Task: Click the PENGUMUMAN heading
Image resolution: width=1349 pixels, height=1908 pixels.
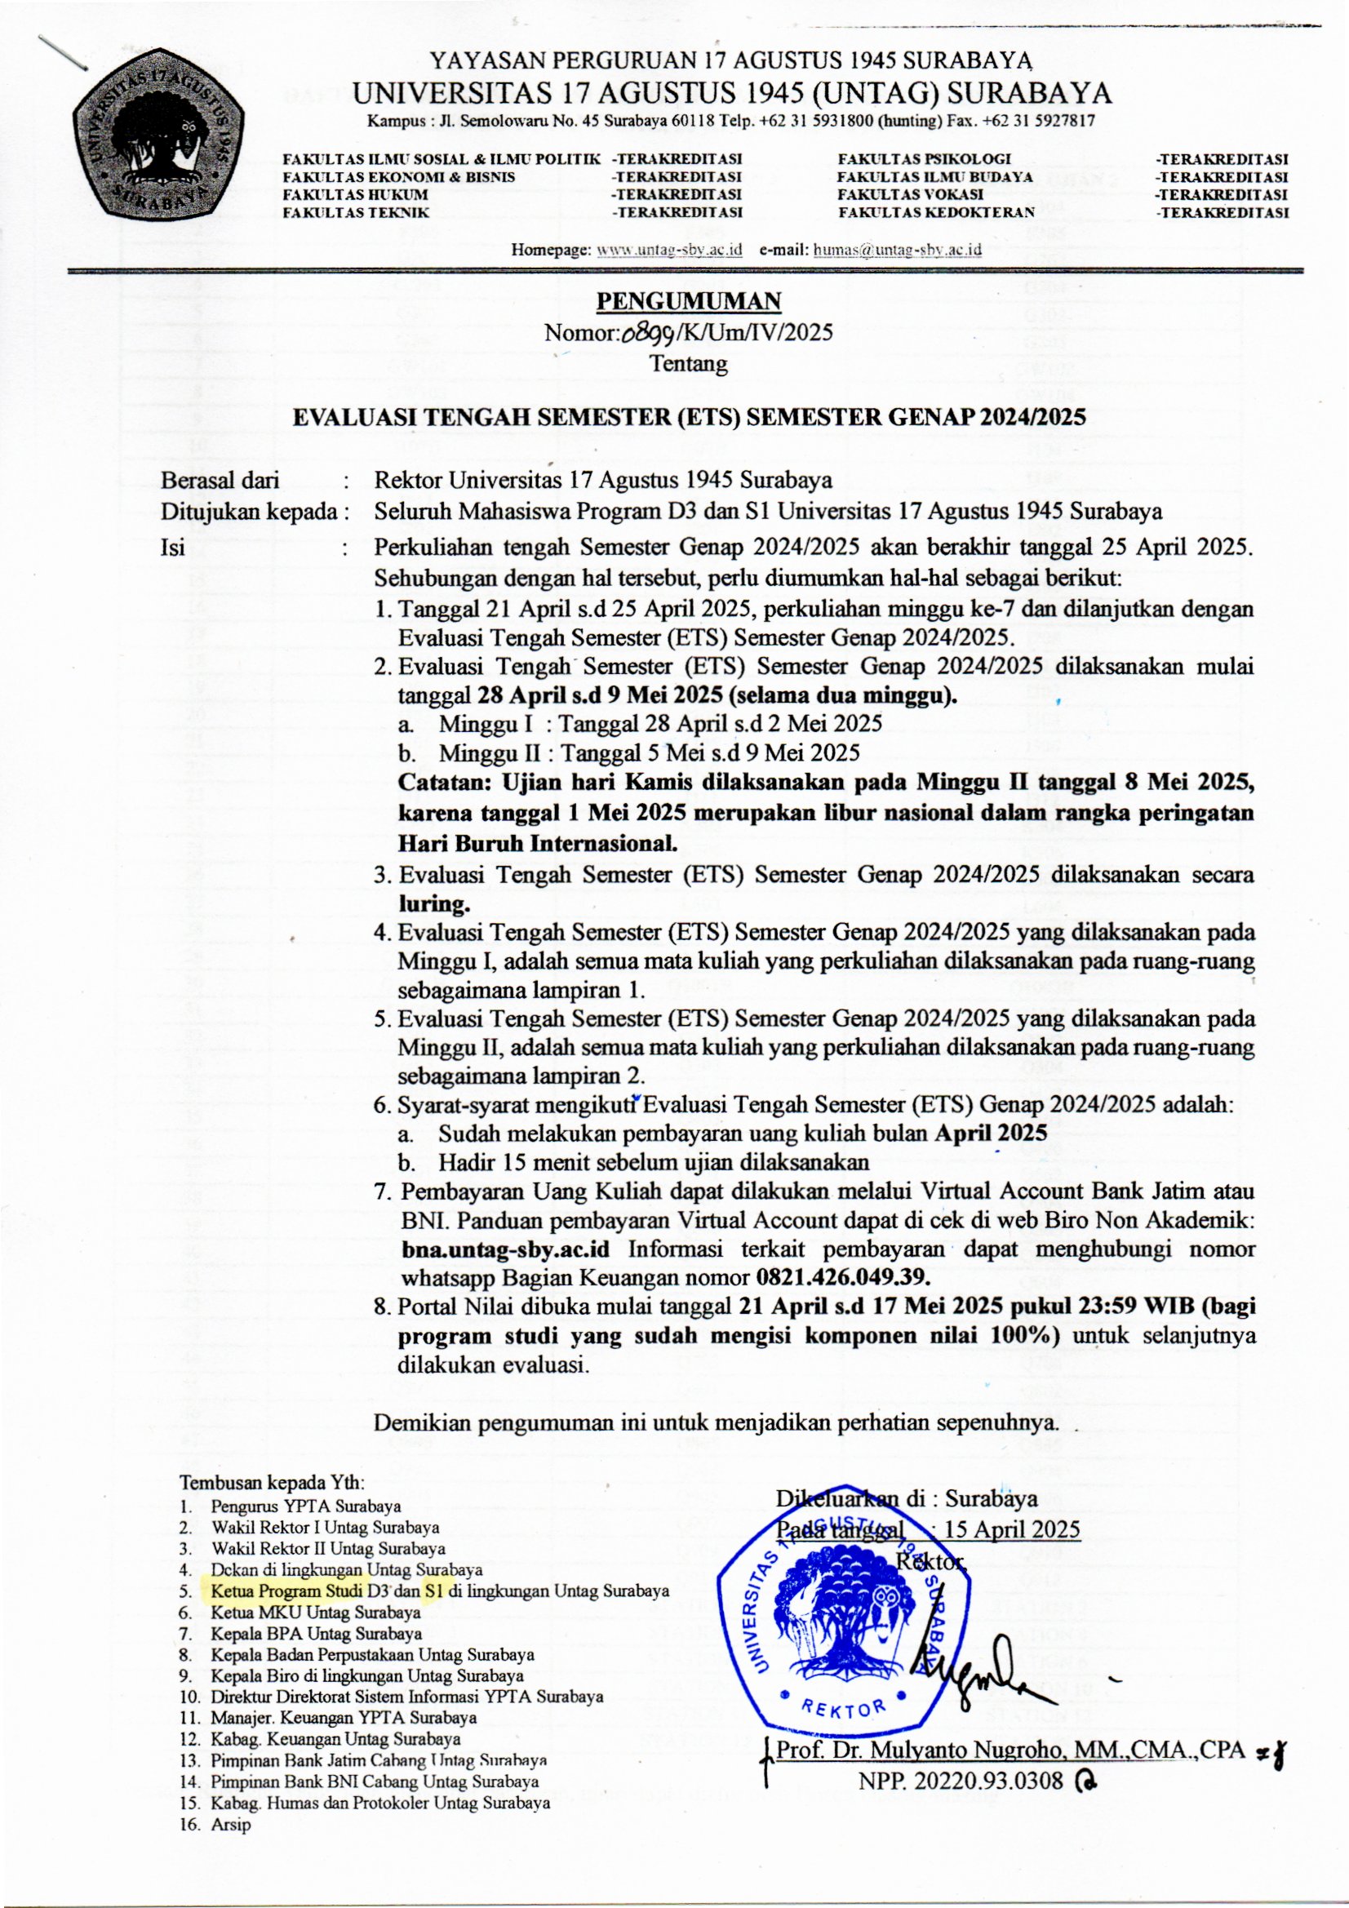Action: (x=689, y=300)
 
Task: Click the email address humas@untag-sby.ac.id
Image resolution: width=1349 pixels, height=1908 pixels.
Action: (x=898, y=249)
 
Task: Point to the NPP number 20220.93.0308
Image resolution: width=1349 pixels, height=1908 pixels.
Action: (x=961, y=1781)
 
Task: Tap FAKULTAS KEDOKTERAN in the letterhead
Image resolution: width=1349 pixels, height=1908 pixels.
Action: (x=936, y=212)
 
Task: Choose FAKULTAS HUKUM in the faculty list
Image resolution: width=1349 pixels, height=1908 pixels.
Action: (x=356, y=194)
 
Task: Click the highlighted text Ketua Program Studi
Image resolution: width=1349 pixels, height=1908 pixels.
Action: (x=286, y=1591)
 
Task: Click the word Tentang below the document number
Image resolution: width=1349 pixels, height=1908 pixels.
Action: (x=688, y=363)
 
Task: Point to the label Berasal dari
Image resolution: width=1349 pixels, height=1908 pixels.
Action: (x=220, y=481)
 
